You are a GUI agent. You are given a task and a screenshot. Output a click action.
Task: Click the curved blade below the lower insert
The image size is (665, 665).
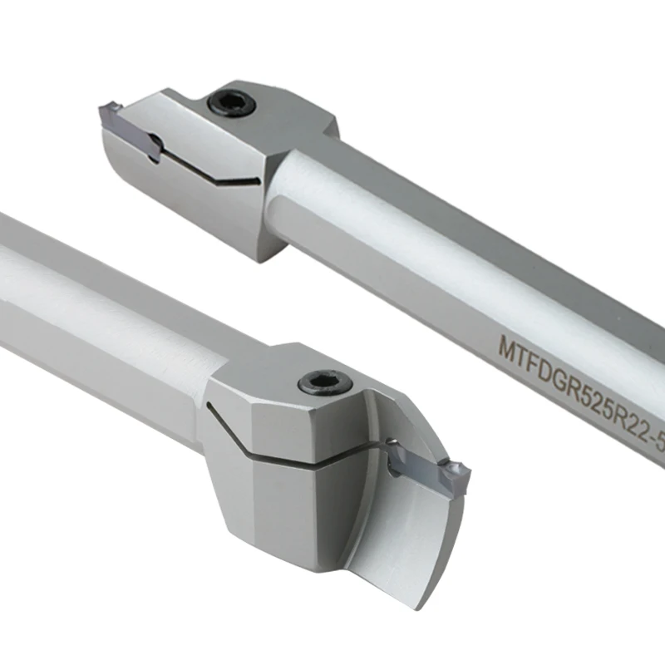(416, 540)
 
